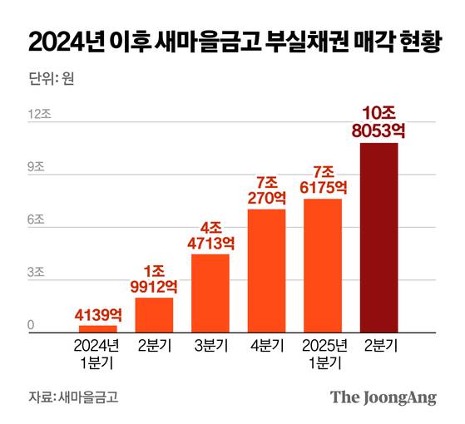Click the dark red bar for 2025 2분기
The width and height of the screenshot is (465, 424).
(x=378, y=237)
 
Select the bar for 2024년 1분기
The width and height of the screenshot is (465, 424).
(x=98, y=328)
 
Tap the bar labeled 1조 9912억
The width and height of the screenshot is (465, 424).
(x=154, y=314)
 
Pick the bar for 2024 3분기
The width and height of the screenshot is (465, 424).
(x=210, y=293)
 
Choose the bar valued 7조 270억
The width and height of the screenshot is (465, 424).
(x=266, y=270)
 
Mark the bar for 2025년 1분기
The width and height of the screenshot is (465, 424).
(x=323, y=265)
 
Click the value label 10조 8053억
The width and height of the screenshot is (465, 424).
(x=378, y=121)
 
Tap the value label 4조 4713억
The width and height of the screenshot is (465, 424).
(x=210, y=234)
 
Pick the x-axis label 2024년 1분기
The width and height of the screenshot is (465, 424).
(x=98, y=354)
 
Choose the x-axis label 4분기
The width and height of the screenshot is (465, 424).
(x=266, y=347)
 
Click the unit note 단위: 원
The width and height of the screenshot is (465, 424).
(x=50, y=81)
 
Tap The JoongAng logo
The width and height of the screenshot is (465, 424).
(x=383, y=397)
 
